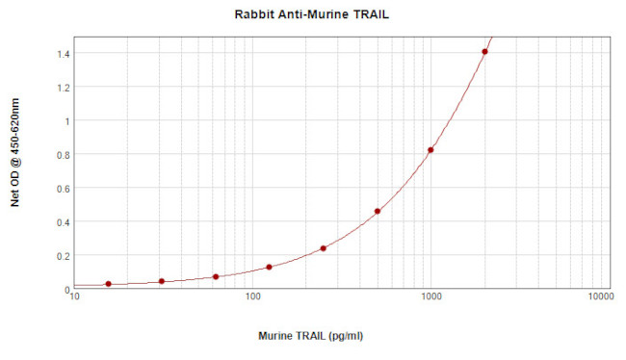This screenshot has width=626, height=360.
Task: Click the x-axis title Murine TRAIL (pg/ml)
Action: tap(311, 336)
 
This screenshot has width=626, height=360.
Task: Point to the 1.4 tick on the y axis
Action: tap(62, 54)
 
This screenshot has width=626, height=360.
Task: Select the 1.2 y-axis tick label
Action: tap(62, 88)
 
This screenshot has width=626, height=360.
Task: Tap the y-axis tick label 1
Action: tap(66, 121)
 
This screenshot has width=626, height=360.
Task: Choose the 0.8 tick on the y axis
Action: tap(62, 155)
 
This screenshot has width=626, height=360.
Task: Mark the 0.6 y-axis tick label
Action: tap(62, 189)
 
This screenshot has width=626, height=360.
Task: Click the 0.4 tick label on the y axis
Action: tap(62, 222)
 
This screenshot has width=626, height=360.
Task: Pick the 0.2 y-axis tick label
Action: tap(62, 256)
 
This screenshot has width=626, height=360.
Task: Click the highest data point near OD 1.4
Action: tap(484, 52)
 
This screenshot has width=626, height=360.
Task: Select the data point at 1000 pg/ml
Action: tap(430, 150)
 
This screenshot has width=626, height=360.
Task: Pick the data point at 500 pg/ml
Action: tap(378, 212)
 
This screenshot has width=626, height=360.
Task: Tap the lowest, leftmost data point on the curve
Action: tap(108, 284)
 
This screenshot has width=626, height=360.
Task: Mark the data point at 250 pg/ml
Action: tap(324, 248)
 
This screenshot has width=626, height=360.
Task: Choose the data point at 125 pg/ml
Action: tap(269, 268)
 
